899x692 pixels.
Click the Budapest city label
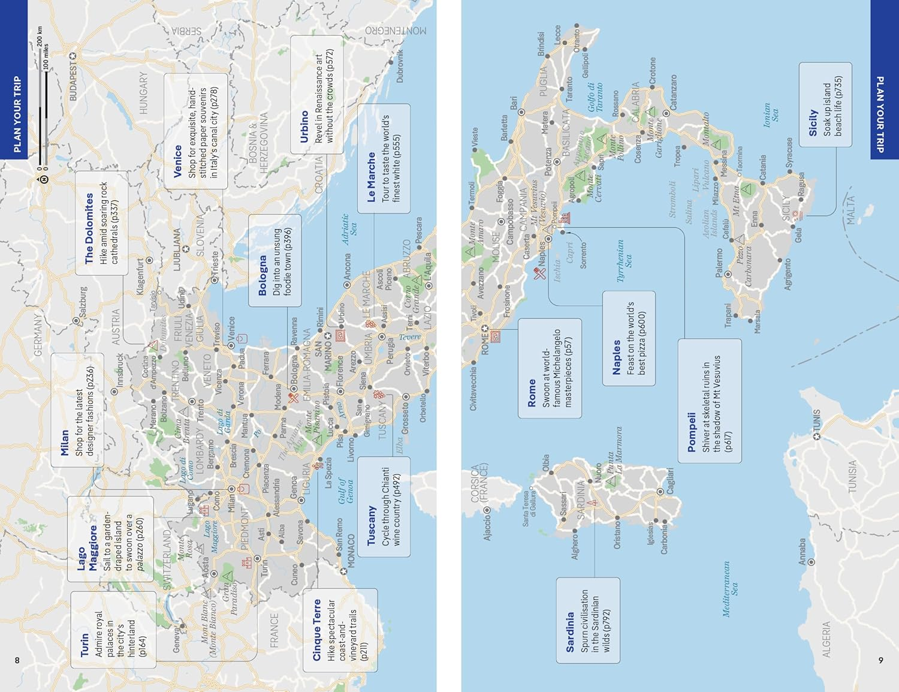point(73,80)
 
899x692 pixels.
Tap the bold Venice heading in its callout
point(177,161)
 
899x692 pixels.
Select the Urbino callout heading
point(304,127)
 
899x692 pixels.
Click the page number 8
point(17,660)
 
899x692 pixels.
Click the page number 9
point(880,660)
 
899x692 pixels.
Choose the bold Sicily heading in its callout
point(813,122)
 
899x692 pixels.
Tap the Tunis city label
point(816,423)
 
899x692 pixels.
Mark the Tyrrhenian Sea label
point(624,261)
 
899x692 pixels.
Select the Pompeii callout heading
point(691,432)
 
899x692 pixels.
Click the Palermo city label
point(719,263)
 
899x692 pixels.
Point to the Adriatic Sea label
point(349,229)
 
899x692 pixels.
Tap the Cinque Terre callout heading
point(317,630)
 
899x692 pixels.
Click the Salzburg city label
point(83,302)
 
